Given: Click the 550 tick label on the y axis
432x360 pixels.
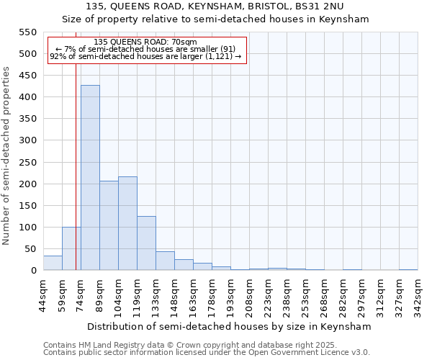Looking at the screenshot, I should (27, 32).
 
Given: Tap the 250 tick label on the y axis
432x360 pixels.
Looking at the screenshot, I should (27, 162).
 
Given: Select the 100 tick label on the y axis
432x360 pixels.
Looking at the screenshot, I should (27, 228).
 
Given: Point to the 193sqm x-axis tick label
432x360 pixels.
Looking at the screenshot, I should (231, 295).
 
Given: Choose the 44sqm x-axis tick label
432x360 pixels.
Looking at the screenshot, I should (44, 295).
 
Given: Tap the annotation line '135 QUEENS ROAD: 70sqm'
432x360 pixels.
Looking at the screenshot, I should (145, 42).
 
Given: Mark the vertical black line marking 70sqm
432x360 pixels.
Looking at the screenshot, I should (76, 180).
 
